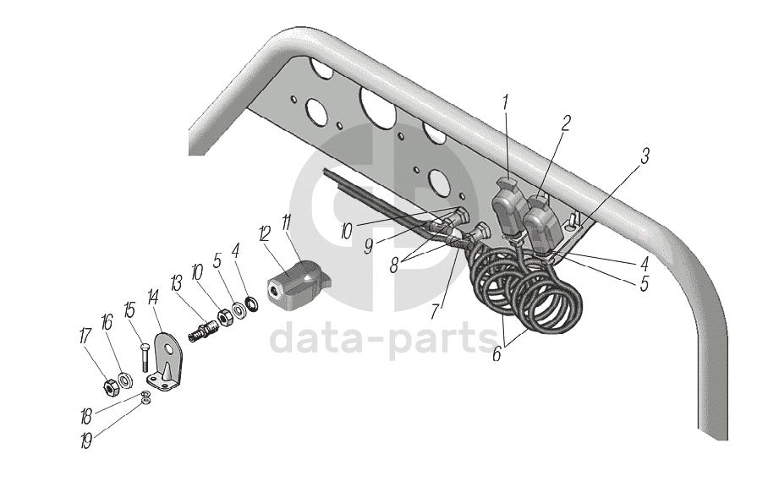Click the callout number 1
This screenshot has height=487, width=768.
pyautogui.click(x=505, y=103)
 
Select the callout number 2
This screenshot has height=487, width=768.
pyautogui.click(x=566, y=123)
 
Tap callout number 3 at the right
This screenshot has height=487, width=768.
pyautogui.click(x=645, y=156)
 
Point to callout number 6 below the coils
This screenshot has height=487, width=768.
pyautogui.click(x=496, y=355)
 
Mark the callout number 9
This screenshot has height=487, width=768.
pyautogui.click(x=370, y=247)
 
